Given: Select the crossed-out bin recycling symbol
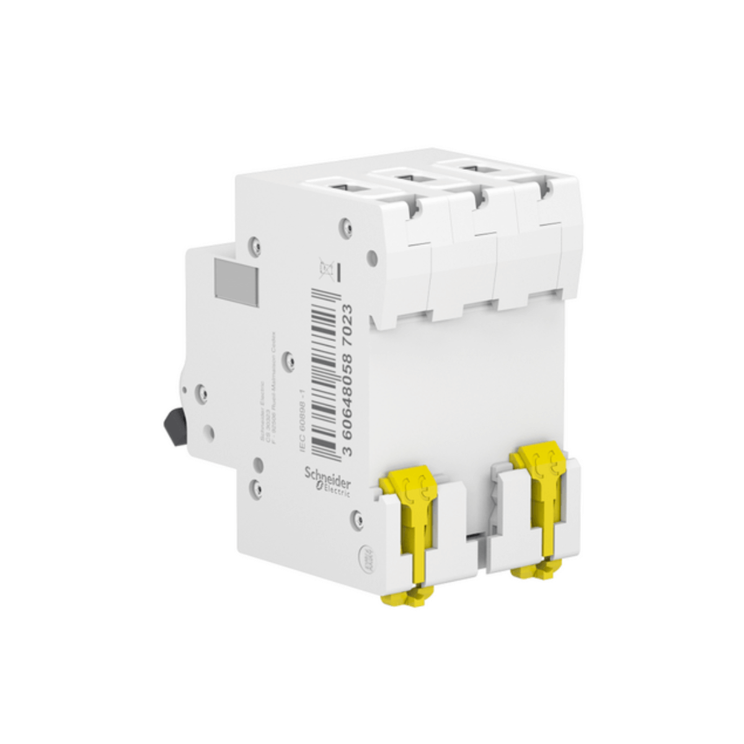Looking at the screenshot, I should pos(324,268).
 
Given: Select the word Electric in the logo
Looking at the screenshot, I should pos(335,490).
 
